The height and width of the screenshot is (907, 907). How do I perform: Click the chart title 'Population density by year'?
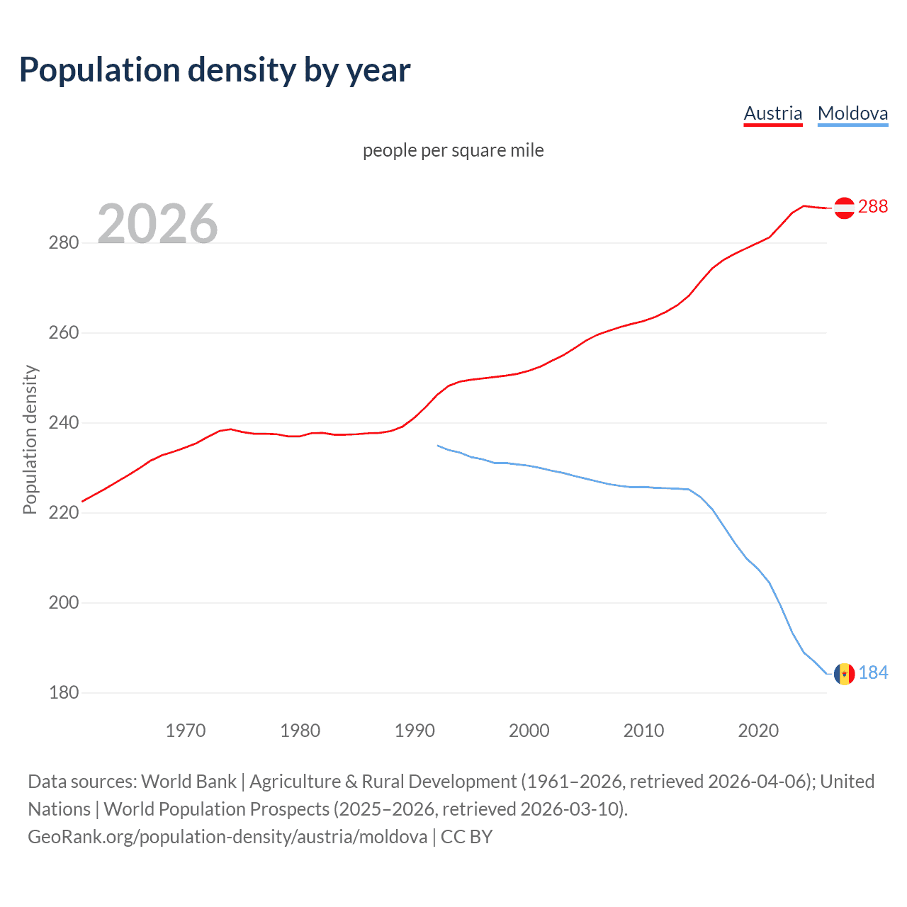(x=215, y=70)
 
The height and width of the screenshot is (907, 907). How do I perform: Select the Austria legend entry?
(x=772, y=113)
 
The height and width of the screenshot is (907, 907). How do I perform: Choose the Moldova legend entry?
(x=852, y=113)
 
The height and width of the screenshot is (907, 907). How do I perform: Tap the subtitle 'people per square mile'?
(x=453, y=150)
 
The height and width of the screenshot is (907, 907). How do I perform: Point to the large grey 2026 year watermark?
(x=157, y=224)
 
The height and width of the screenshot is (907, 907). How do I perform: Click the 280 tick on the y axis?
(x=64, y=243)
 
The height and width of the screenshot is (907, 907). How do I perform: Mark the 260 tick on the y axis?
(x=64, y=333)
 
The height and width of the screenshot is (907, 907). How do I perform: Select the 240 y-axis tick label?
(x=64, y=423)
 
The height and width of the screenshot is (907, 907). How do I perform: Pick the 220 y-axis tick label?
(x=64, y=513)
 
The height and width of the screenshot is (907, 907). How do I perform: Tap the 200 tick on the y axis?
(x=64, y=603)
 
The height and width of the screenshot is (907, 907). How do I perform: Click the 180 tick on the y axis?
(x=64, y=693)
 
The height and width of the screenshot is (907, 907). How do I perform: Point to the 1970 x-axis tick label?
(x=186, y=731)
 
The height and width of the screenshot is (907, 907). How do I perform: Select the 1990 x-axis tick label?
(x=415, y=731)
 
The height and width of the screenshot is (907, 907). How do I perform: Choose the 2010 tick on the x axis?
(x=643, y=731)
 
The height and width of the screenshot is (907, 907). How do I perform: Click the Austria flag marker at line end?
(x=844, y=208)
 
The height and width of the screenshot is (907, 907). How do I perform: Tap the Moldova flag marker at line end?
(x=844, y=674)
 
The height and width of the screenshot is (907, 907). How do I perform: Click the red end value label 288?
(x=873, y=206)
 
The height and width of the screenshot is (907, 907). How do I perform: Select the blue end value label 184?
(x=873, y=672)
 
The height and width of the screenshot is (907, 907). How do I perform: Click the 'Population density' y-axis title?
(x=30, y=439)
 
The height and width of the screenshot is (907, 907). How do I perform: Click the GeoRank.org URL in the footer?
(x=227, y=837)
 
